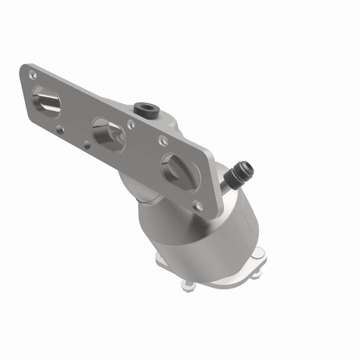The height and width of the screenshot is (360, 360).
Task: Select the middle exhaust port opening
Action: tap(109, 135)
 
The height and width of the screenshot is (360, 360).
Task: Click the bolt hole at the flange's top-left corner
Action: tap(33, 75)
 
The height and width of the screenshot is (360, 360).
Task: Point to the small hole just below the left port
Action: tap(60, 130)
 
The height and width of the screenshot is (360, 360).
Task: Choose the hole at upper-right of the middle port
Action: tap(131, 124)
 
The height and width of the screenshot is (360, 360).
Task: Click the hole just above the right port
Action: tap(164, 140)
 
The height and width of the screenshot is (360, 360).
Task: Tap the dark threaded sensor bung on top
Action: tap(145, 108)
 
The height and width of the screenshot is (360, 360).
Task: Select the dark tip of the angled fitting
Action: tap(245, 168)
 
